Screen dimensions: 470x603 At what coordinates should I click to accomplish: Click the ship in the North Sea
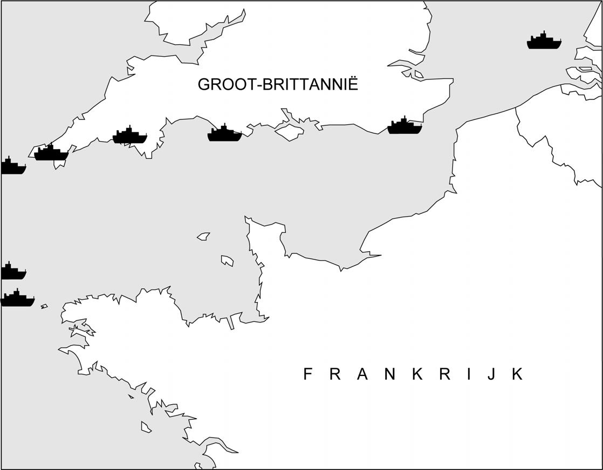pos(544,42)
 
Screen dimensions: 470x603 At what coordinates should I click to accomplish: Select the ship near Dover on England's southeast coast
pos(405,126)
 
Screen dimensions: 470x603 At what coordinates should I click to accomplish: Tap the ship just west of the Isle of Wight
pos(224,133)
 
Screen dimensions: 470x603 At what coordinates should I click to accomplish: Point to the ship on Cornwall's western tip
pos(51,153)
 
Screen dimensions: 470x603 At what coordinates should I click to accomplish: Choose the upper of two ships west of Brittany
pos(12,272)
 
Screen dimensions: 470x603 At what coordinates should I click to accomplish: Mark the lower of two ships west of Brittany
pos(17,299)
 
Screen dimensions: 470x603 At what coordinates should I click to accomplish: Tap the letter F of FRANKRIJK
pos(308,374)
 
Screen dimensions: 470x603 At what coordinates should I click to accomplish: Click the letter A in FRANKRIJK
pos(362,374)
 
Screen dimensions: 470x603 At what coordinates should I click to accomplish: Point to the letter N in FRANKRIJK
pos(390,374)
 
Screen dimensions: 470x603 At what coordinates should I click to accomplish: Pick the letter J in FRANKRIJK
pos(490,374)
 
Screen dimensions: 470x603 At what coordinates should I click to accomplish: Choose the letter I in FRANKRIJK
pos(468,374)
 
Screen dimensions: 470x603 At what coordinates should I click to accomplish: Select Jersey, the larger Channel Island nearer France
pos(227,261)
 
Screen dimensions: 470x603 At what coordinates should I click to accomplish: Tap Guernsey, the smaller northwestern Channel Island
pos(203,236)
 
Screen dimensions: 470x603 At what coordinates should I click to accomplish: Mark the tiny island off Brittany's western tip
pos(44,306)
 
